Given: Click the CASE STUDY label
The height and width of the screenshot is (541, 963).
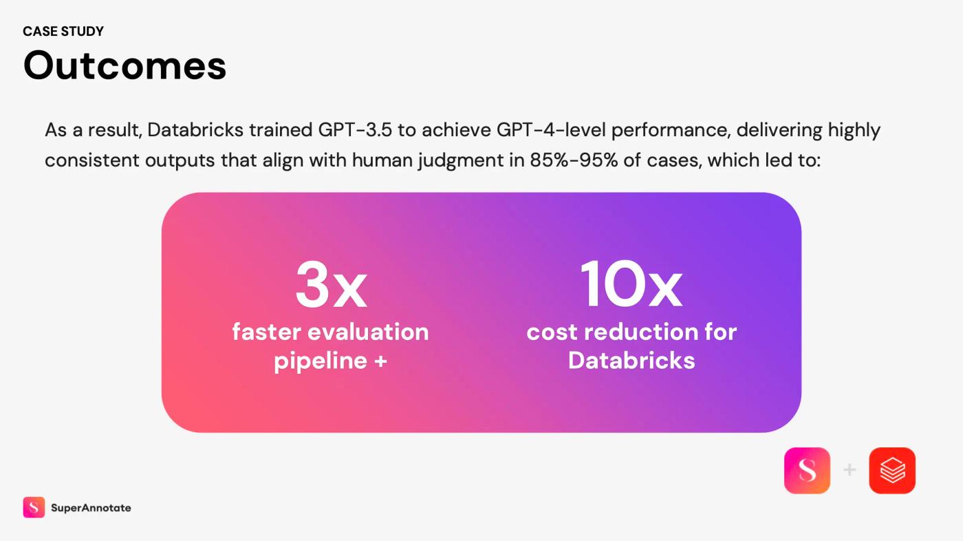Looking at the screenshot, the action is [63, 32].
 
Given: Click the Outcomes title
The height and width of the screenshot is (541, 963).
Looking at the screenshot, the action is [125, 65].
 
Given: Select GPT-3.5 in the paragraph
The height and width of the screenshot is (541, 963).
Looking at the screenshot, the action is [355, 130].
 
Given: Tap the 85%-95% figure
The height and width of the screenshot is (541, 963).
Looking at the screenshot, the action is [574, 160].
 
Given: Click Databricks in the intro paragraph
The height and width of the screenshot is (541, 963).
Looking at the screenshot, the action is [195, 130].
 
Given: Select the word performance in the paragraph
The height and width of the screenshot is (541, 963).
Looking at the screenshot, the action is [671, 131].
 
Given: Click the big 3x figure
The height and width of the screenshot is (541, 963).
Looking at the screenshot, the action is [331, 284].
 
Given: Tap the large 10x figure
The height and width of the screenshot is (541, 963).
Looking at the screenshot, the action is [631, 284].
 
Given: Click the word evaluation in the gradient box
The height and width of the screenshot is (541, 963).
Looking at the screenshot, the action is [369, 332].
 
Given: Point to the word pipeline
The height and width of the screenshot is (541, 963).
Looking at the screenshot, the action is [321, 361].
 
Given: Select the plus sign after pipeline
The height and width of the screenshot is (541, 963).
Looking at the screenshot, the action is [381, 361].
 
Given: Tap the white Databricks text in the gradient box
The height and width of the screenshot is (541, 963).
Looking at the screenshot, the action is [631, 360].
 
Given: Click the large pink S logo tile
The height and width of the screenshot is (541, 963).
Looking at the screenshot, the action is [807, 471].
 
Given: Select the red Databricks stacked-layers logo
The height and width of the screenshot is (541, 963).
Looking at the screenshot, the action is [892, 471].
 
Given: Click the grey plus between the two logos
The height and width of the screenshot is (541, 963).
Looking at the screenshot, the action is [850, 469].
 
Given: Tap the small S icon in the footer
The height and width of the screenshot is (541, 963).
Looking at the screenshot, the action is [34, 507].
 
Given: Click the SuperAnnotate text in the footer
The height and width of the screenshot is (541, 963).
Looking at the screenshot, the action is [91, 508].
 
